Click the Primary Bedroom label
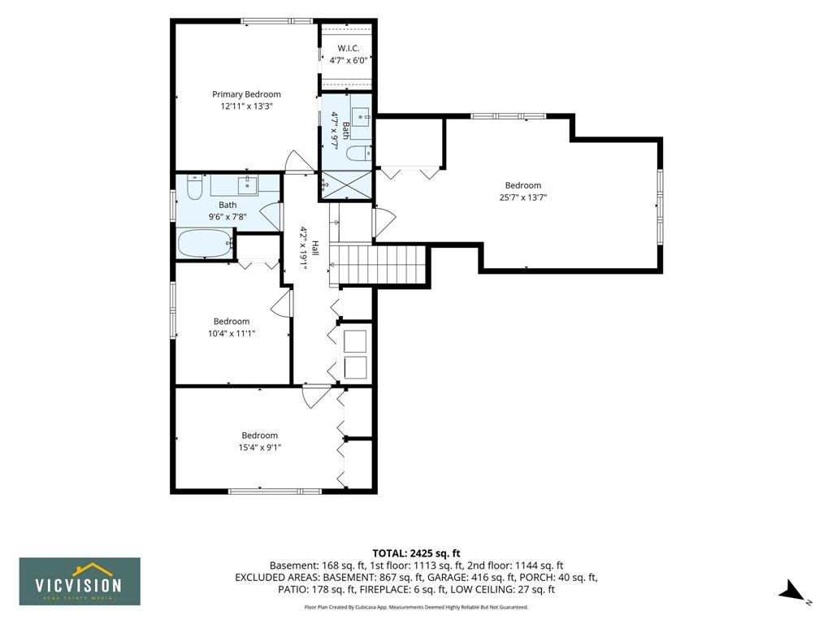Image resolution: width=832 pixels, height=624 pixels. pyautogui.click(x=246, y=94)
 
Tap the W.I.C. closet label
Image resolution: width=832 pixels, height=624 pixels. pyautogui.click(x=348, y=48)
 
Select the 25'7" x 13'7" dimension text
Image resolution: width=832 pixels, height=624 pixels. pyautogui.click(x=522, y=197)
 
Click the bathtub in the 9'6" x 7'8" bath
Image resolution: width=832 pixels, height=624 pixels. pyautogui.click(x=205, y=243)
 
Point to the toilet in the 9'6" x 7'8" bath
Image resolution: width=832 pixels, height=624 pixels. pyautogui.click(x=195, y=188)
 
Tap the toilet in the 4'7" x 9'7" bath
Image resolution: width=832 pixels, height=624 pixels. pyautogui.click(x=359, y=153)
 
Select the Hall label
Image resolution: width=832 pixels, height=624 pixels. pyautogui.click(x=315, y=248)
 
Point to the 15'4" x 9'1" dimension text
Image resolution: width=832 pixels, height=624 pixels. pyautogui.click(x=259, y=448)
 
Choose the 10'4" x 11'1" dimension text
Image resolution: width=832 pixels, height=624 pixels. pyautogui.click(x=232, y=333)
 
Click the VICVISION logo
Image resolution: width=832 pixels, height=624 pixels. pyautogui.click(x=80, y=581)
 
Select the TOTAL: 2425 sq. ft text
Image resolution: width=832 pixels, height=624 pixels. pyautogui.click(x=416, y=554)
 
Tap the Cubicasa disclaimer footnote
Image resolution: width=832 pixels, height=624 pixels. pyautogui.click(x=416, y=607)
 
